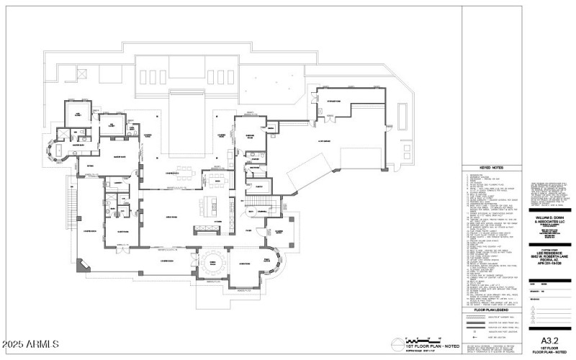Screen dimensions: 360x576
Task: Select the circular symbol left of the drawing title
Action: click(x=397, y=341)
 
